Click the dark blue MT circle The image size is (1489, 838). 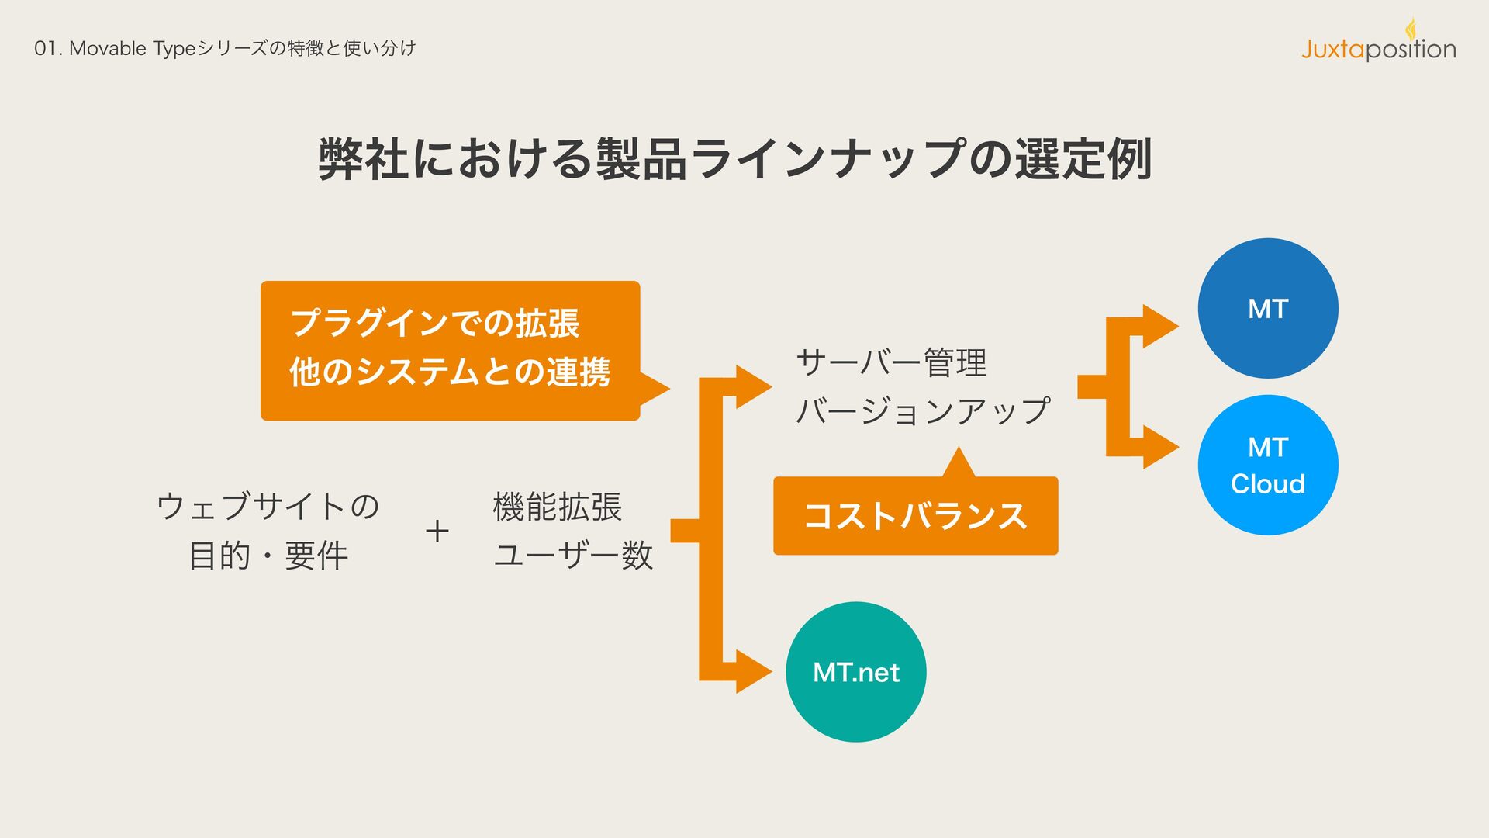[1267, 308]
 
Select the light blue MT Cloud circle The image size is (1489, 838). [1267, 465]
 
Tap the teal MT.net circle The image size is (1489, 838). [855, 671]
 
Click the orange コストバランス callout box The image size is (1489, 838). [915, 515]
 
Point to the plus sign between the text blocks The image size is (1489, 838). [437, 532]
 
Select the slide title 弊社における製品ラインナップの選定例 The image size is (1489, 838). [734, 159]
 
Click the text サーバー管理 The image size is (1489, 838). [891, 362]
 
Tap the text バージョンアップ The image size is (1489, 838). [923, 410]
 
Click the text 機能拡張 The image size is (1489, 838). [557, 507]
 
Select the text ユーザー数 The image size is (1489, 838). [573, 555]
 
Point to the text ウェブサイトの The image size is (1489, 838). [268, 507]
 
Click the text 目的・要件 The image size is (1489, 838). [268, 556]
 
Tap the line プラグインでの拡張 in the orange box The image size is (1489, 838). [434, 323]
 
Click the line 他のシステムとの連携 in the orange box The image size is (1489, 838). [450, 372]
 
